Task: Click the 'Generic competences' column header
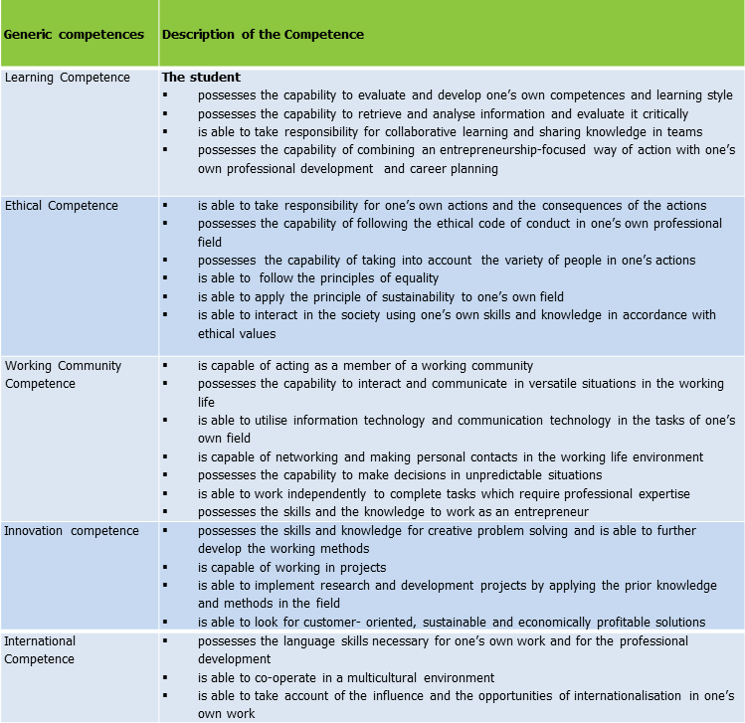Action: pos(74,35)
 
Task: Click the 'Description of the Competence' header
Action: pos(263,35)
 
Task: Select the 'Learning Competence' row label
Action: pos(68,78)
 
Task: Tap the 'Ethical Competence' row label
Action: pos(62,206)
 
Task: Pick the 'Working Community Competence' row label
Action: pos(63,375)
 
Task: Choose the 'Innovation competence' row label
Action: pos(72,531)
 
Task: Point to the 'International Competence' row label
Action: pos(40,649)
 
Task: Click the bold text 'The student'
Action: pos(201,78)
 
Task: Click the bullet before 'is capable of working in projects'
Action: pos(166,568)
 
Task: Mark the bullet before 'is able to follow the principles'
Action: pos(166,278)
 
